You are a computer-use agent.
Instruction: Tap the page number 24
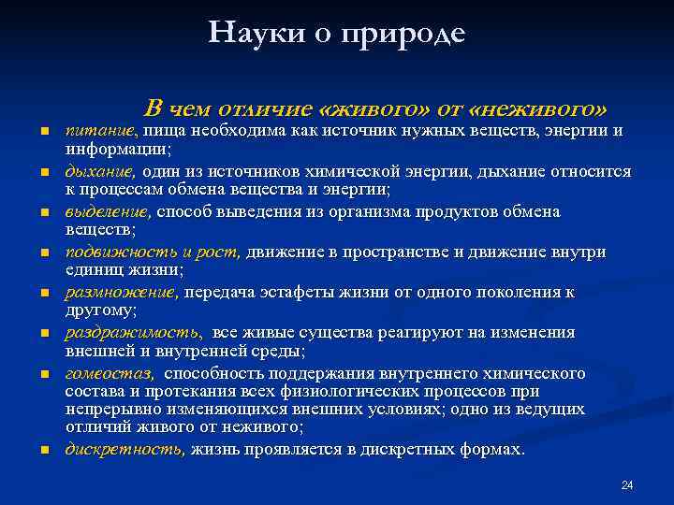click(627, 484)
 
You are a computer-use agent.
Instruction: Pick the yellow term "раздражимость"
click(132, 333)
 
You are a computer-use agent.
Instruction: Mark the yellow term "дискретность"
click(125, 449)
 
